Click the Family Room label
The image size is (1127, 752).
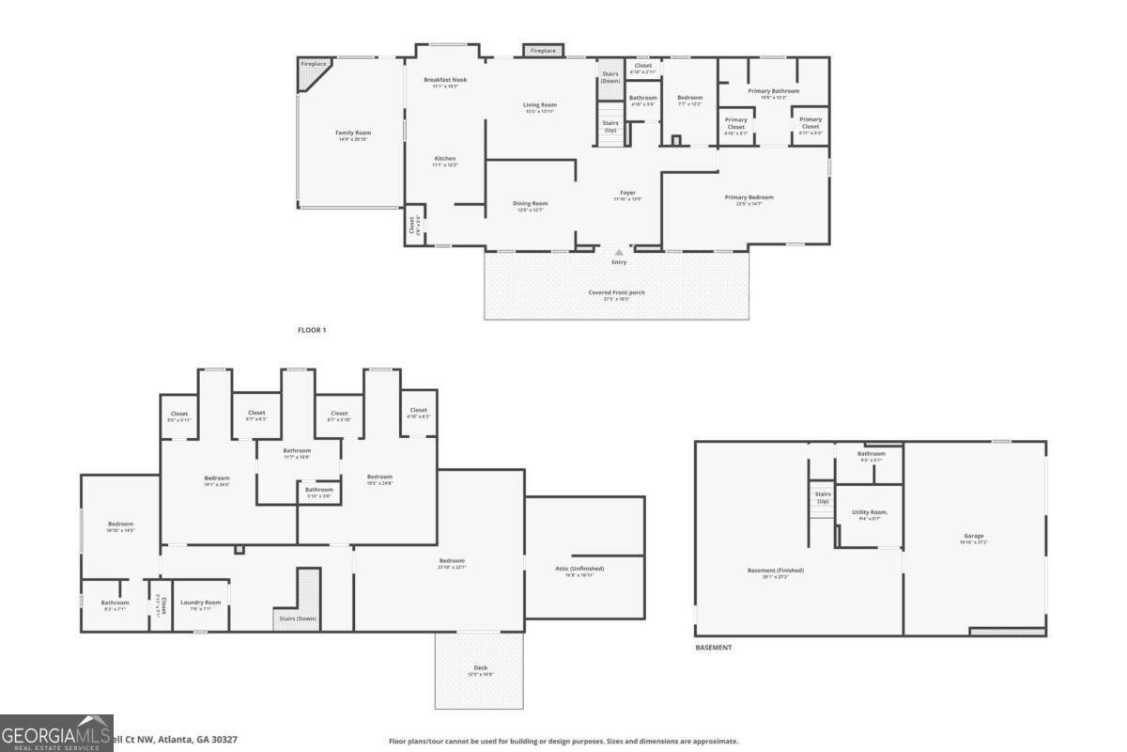pyautogui.click(x=353, y=133)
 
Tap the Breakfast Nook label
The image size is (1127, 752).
pyautogui.click(x=445, y=80)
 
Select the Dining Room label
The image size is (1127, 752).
pyautogui.click(x=530, y=203)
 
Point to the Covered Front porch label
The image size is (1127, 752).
pyautogui.click(x=616, y=292)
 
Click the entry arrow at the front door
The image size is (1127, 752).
pyautogui.click(x=619, y=252)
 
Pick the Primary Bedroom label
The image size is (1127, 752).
pyautogui.click(x=749, y=197)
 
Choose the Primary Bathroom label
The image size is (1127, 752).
pyautogui.click(x=773, y=91)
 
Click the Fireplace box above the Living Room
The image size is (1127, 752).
pyautogui.click(x=543, y=50)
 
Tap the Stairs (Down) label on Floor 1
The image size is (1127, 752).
pyautogui.click(x=610, y=77)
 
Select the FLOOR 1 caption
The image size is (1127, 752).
pyautogui.click(x=311, y=330)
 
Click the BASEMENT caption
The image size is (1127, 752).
pyautogui.click(x=713, y=648)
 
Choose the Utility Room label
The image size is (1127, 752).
pyautogui.click(x=869, y=512)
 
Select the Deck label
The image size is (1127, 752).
pyautogui.click(x=480, y=669)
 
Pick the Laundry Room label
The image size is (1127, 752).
pyautogui.click(x=200, y=603)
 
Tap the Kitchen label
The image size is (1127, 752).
pyautogui.click(x=444, y=159)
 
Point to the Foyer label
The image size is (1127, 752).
pyautogui.click(x=627, y=193)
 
